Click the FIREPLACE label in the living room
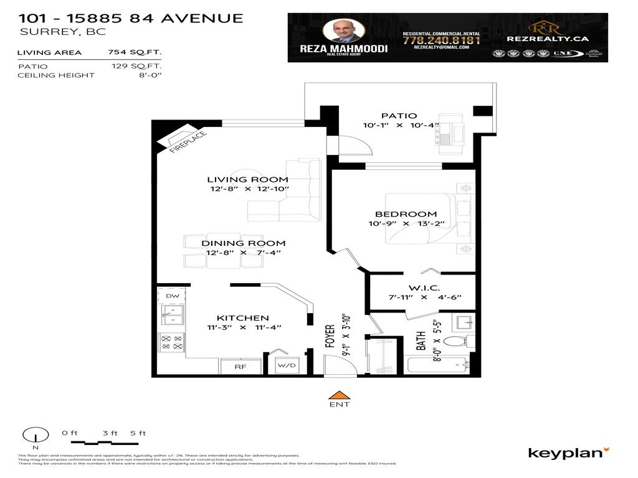[187, 143]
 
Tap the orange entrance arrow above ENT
[339, 394]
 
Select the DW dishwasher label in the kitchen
[173, 296]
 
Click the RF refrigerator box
[240, 367]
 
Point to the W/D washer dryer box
[287, 366]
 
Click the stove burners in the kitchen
[172, 342]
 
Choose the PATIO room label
[399, 116]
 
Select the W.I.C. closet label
[424, 288]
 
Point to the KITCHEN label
[234, 318]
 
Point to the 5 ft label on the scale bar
[138, 433]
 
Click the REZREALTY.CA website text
[548, 39]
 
